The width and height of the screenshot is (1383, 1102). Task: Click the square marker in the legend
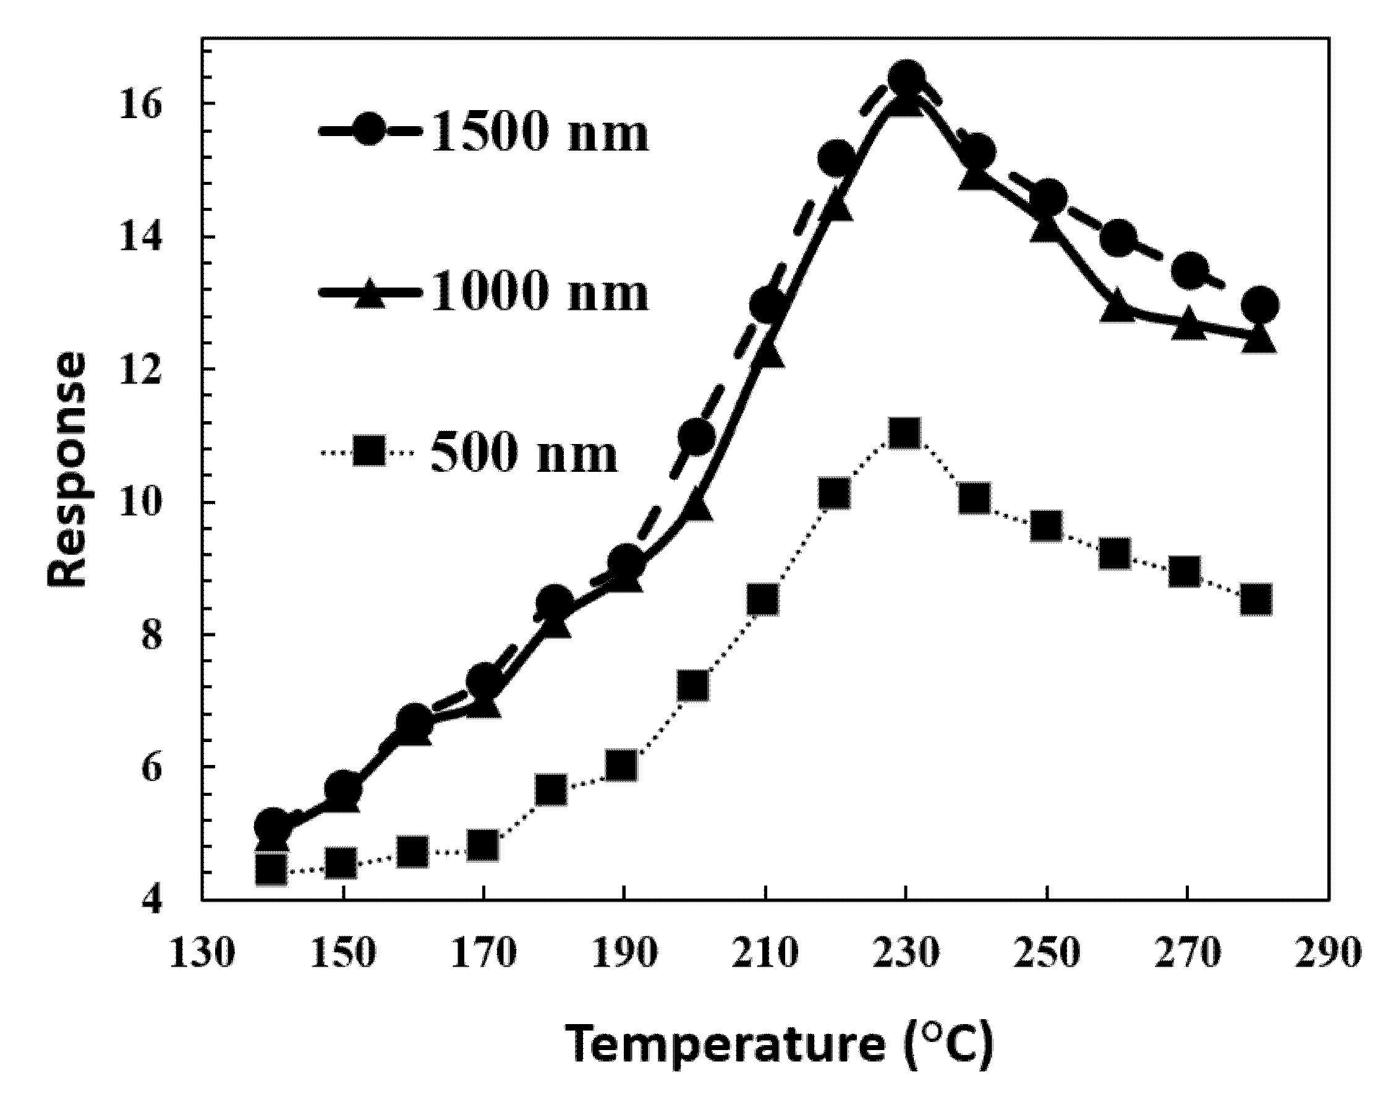pos(370,452)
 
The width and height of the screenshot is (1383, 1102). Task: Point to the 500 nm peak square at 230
pos(905,434)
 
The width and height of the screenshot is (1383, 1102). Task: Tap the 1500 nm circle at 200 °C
pos(697,437)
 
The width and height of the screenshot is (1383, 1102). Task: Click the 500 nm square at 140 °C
pos(271,869)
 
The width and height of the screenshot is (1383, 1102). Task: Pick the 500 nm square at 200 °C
pos(693,685)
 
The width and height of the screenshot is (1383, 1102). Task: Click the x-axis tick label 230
pos(905,952)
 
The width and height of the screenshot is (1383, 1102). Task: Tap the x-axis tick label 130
pos(202,952)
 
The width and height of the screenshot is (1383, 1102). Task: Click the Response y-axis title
pos(67,468)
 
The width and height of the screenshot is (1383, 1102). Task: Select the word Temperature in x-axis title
pos(725,1044)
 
